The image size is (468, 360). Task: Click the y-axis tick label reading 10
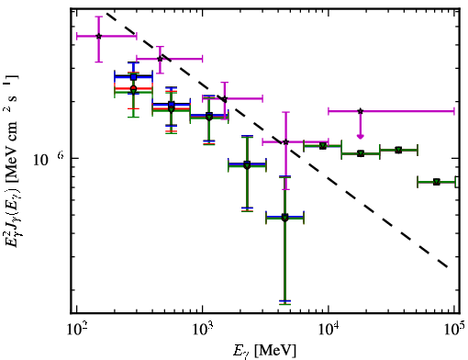(x=41, y=160)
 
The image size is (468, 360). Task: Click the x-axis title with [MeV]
(x=264, y=351)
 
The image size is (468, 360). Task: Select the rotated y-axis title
(x=12, y=163)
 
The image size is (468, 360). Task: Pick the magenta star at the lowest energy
(x=98, y=36)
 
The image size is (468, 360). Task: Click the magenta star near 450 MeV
(x=160, y=59)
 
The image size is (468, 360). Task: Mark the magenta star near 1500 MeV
(x=225, y=99)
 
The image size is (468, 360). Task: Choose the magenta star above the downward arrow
(x=361, y=111)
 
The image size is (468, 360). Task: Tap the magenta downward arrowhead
(x=361, y=137)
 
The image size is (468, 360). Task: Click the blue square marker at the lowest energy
(x=133, y=77)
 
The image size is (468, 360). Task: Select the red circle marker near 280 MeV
(x=133, y=88)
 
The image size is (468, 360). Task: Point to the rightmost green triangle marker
(x=437, y=182)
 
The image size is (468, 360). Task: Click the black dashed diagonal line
(x=277, y=140)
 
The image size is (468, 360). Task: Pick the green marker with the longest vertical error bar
(x=284, y=218)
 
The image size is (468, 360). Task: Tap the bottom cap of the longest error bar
(x=284, y=303)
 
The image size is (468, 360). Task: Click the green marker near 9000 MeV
(x=322, y=146)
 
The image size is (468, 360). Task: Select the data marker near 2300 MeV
(x=247, y=165)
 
